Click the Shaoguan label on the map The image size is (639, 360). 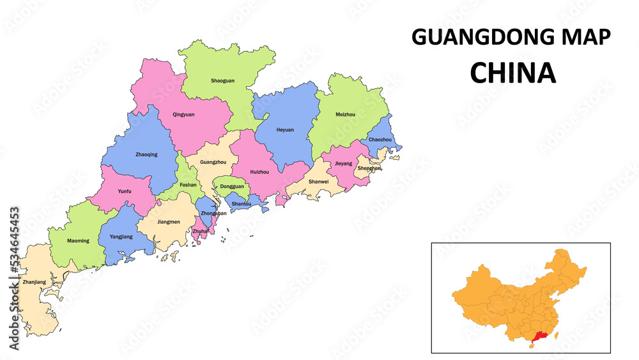pyautogui.click(x=222, y=81)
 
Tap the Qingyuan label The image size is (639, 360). pyautogui.click(x=183, y=114)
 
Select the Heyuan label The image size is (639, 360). pyautogui.click(x=285, y=130)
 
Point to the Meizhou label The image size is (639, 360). pyautogui.click(x=345, y=114)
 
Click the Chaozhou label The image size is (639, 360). pyautogui.click(x=380, y=139)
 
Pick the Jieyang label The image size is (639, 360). pyautogui.click(x=344, y=164)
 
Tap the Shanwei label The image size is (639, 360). pyautogui.click(x=318, y=182)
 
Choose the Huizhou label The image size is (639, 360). pyautogui.click(x=259, y=172)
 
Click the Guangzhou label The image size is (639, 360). pyautogui.click(x=213, y=162)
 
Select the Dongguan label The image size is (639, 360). pyautogui.click(x=231, y=187)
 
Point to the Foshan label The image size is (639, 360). pyautogui.click(x=188, y=185)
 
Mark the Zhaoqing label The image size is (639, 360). pyautogui.click(x=146, y=154)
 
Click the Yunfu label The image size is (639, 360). pyautogui.click(x=125, y=191)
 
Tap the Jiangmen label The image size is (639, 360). pyautogui.click(x=167, y=222)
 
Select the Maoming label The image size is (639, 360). pyautogui.click(x=78, y=241)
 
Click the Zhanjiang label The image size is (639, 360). pyautogui.click(x=34, y=282)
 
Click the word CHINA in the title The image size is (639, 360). pyautogui.click(x=512, y=74)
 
